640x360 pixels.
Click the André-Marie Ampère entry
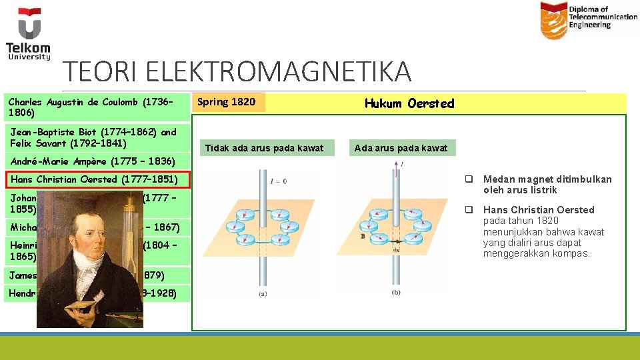(x=91, y=161)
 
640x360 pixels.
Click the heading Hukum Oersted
(x=409, y=103)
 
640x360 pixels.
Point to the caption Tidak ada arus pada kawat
(x=264, y=148)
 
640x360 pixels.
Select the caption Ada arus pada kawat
(x=401, y=148)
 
